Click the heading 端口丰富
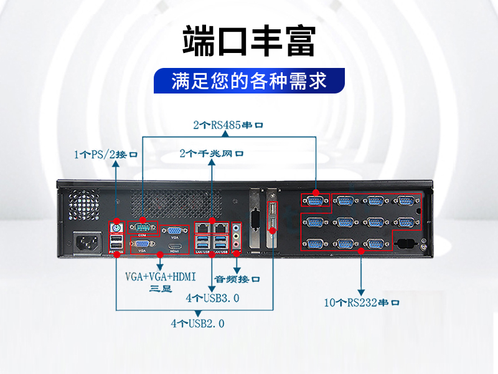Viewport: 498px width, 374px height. tap(248, 42)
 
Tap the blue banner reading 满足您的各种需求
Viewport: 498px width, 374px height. tap(249, 82)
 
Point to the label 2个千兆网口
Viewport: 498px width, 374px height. tap(212, 153)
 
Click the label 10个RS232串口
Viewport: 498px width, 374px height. tap(362, 303)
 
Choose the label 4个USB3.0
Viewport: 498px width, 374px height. tap(213, 298)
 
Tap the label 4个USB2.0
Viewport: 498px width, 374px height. tap(197, 324)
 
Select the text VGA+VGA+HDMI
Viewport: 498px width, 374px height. tap(161, 276)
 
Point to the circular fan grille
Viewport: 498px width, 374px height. tap(85, 203)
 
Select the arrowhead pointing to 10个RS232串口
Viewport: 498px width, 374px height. tap(362, 290)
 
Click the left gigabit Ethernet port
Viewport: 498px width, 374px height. tap(202, 228)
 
